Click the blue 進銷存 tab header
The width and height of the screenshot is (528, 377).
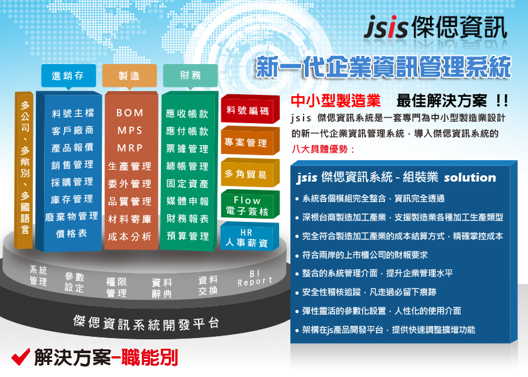click(x=69, y=76)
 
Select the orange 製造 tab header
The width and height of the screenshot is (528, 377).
click(x=129, y=76)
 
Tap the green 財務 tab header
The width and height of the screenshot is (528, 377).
click(x=190, y=75)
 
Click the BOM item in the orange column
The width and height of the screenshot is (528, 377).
click(x=130, y=112)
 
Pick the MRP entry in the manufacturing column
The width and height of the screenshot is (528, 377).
click(x=130, y=148)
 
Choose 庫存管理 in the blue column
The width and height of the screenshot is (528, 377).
click(x=72, y=199)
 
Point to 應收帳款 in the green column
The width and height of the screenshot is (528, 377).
click(x=187, y=114)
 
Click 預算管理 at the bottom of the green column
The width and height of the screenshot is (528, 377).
click(x=187, y=236)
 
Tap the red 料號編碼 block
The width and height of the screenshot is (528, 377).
click(x=250, y=109)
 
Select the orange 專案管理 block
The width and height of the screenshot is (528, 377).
click(x=250, y=141)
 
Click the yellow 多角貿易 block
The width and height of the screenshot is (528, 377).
click(x=250, y=173)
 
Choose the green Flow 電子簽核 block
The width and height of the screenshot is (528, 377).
click(x=250, y=205)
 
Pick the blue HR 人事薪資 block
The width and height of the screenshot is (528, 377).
click(x=250, y=237)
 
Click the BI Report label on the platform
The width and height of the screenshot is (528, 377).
click(x=255, y=278)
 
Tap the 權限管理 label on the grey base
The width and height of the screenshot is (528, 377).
click(x=116, y=287)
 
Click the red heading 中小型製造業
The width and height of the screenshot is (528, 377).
click(x=336, y=101)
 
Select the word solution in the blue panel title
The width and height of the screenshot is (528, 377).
click(x=470, y=177)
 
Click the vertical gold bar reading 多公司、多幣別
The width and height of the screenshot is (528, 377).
click(x=25, y=170)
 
